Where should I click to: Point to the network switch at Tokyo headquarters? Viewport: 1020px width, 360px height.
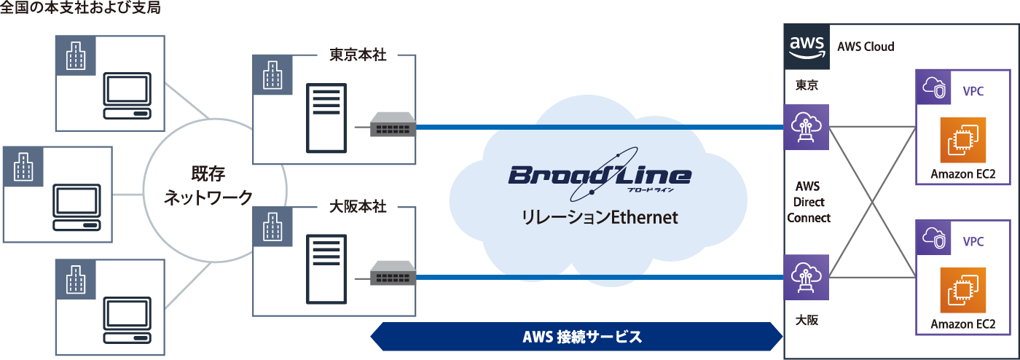[393, 126]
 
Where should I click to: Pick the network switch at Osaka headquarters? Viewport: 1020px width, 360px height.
[393, 275]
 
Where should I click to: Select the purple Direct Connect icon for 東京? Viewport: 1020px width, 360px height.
[807, 127]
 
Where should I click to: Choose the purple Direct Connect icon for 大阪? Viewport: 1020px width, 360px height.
[807, 276]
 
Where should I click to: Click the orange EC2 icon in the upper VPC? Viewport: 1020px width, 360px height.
[962, 141]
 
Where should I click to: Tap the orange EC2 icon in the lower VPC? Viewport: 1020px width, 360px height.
[962, 291]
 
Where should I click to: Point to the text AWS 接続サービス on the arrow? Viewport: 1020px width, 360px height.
[582, 337]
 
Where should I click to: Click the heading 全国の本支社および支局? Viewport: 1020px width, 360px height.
[81, 9]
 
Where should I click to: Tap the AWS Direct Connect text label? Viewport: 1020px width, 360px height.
[809, 202]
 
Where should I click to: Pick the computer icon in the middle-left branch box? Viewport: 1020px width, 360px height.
[76, 208]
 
